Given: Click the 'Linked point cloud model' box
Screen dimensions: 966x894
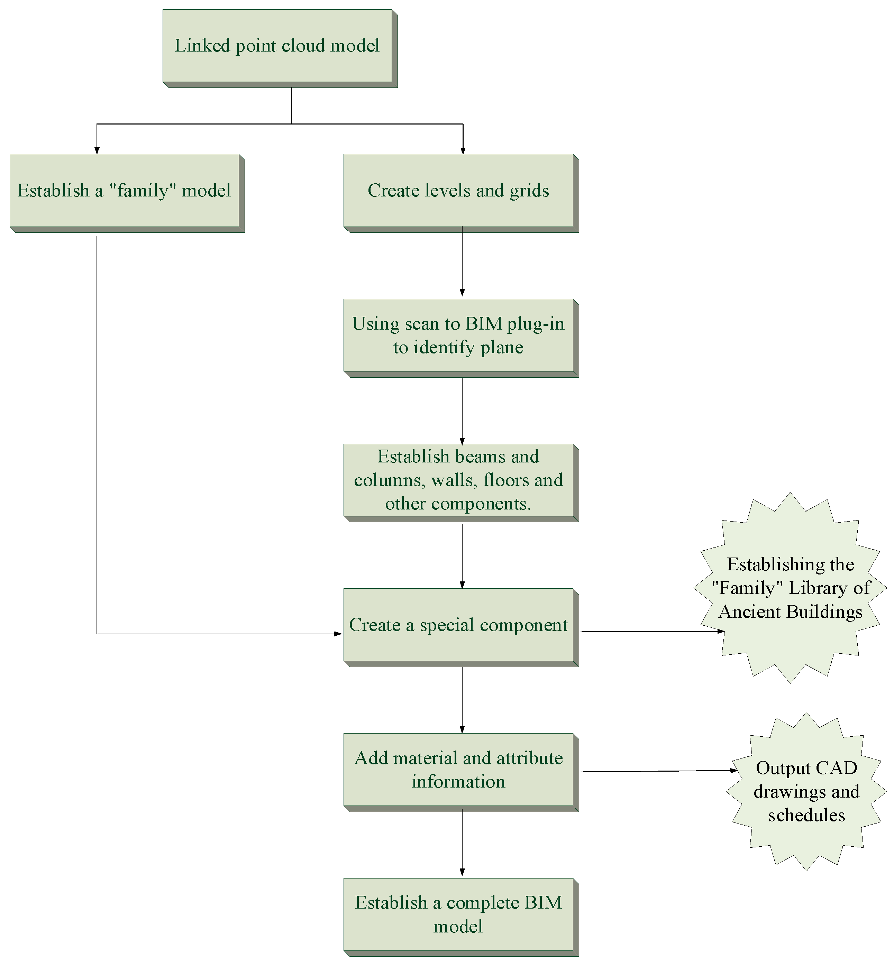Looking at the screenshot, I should tap(277, 46).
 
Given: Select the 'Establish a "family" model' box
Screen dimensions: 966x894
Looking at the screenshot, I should tap(124, 191).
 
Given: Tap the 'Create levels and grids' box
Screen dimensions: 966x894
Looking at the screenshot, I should tap(458, 191).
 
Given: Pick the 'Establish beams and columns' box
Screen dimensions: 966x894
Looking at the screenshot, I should tap(458, 480).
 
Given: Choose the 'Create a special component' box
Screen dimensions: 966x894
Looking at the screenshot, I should tap(458, 625).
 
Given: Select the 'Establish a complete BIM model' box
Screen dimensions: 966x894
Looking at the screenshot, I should tap(458, 915).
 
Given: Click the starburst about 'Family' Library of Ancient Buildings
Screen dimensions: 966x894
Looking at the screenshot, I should tap(790, 588).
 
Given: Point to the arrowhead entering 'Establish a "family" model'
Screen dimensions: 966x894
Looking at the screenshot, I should tap(97, 150).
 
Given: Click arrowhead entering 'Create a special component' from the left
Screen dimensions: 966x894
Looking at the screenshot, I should tap(338, 634).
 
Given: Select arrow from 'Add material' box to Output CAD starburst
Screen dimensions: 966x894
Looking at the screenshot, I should tap(658, 771).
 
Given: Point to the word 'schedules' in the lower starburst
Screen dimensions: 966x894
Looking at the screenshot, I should tap(806, 816).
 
